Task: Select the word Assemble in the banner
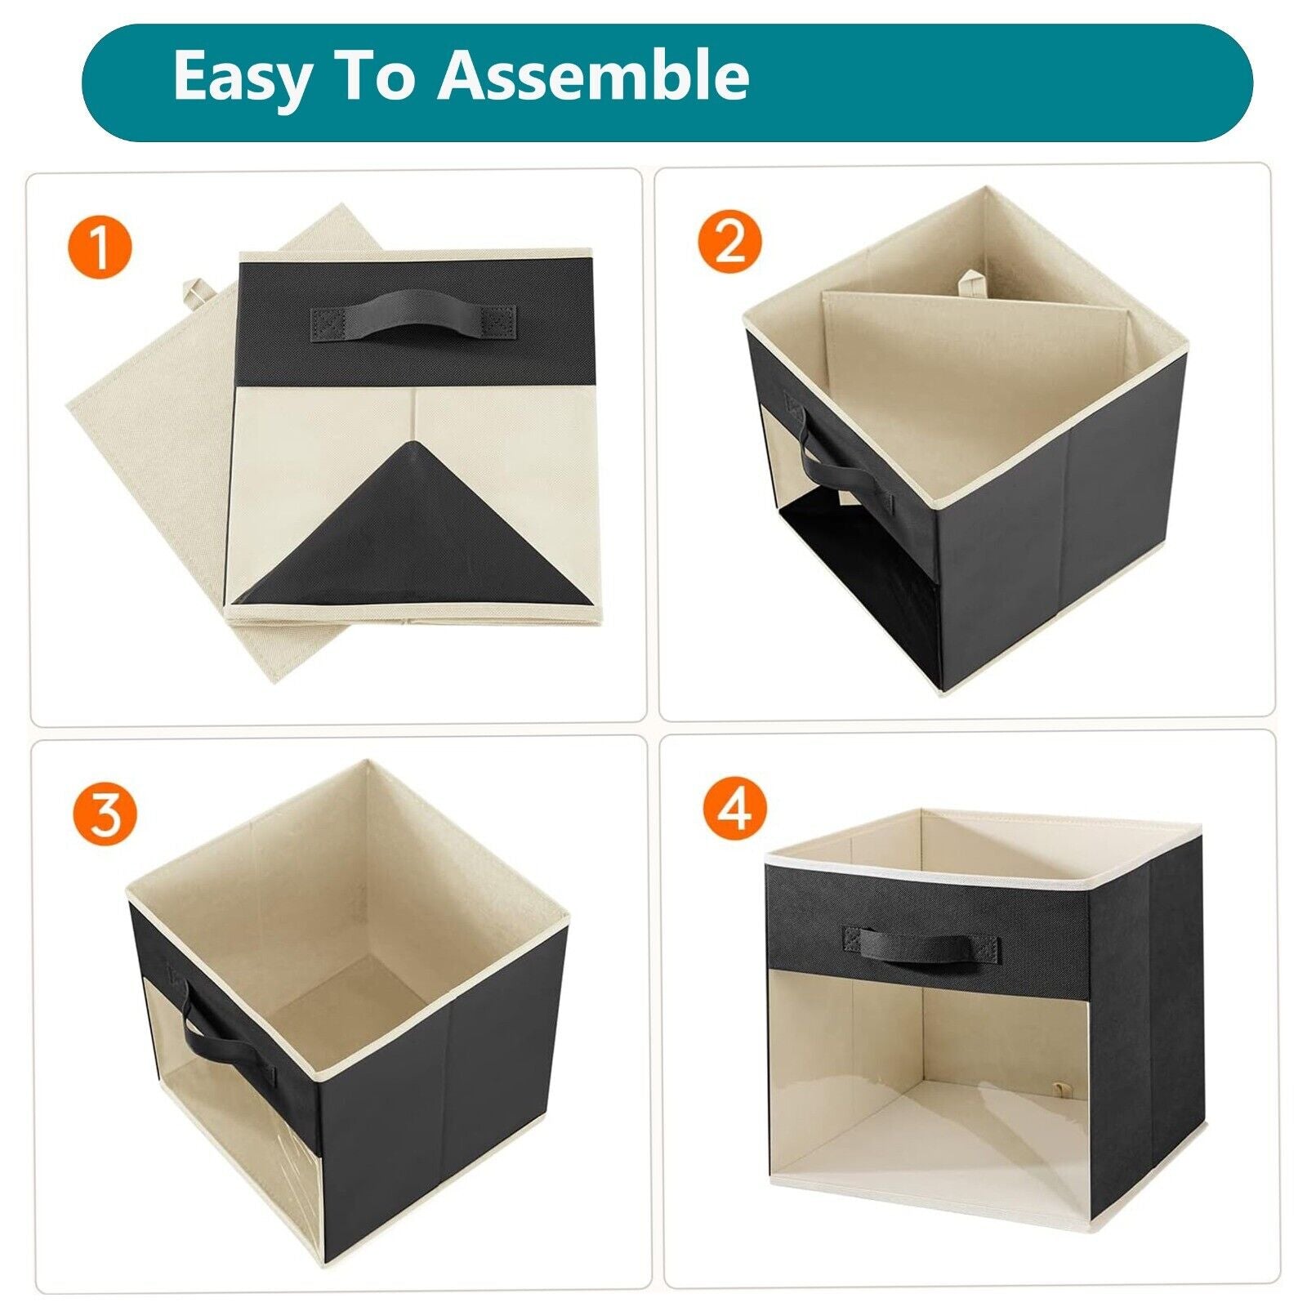click(x=594, y=75)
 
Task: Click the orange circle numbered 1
click(x=100, y=246)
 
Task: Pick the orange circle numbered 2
click(x=729, y=241)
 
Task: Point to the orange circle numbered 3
click(x=104, y=814)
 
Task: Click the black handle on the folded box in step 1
click(x=413, y=321)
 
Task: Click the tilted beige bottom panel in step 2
click(x=972, y=368)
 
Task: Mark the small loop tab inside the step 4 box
click(x=1061, y=1091)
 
